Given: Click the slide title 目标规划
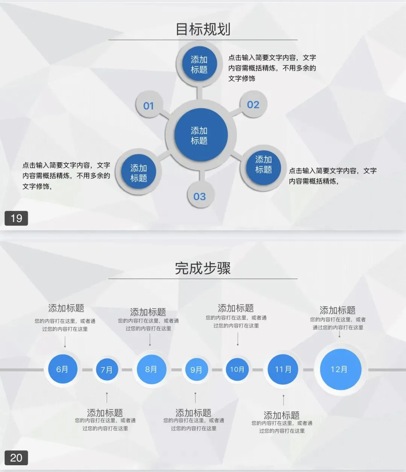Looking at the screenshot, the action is click(203, 29).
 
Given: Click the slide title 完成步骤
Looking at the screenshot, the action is click(203, 268).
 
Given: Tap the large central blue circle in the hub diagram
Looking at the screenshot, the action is click(201, 135).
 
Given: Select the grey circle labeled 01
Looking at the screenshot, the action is click(149, 106).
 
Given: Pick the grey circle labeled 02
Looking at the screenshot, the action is click(253, 104).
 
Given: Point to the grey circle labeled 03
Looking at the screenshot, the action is click(200, 196).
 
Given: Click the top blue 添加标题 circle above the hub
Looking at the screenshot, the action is click(199, 65).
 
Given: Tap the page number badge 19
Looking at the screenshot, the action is click(16, 218).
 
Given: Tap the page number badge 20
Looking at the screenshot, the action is click(16, 458).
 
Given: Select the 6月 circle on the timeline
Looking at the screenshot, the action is click(62, 369).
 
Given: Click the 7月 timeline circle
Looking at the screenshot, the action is click(107, 370).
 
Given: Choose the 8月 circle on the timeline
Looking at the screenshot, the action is click(151, 369).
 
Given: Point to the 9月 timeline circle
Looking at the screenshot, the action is click(196, 370).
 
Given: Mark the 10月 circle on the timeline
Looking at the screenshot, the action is click(237, 369).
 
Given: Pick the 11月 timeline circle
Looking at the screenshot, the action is click(283, 369).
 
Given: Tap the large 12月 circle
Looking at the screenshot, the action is click(339, 369).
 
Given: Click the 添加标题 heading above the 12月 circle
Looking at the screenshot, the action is click(337, 310).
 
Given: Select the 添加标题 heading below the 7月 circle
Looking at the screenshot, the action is click(105, 413).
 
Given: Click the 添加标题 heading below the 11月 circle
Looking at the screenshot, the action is click(282, 415).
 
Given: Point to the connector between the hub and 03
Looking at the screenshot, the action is click(201, 175).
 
